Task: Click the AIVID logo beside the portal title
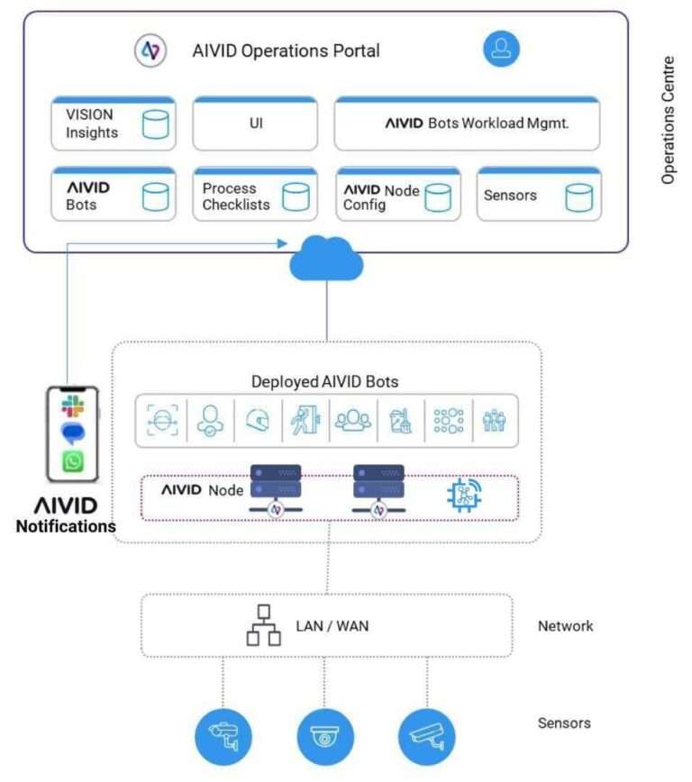pyautogui.click(x=150, y=50)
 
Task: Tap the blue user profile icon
pyautogui.click(x=501, y=49)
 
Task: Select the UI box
pyautogui.click(x=255, y=123)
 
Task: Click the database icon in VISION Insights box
pyautogui.click(x=156, y=124)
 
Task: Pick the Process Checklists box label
pyautogui.click(x=236, y=196)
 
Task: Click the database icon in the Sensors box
pyautogui.click(x=579, y=196)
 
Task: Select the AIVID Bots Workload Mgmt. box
pyautogui.click(x=467, y=123)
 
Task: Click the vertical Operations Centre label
pyautogui.click(x=668, y=121)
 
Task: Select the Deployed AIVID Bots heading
pyautogui.click(x=325, y=382)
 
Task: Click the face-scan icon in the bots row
pyautogui.click(x=162, y=421)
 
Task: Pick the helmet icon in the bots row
pyautogui.click(x=254, y=421)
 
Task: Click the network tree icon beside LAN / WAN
pyautogui.click(x=263, y=625)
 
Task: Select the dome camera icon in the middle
pyautogui.click(x=325, y=736)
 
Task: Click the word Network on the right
pyautogui.click(x=565, y=625)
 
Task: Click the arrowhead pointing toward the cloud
pyautogui.click(x=282, y=243)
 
